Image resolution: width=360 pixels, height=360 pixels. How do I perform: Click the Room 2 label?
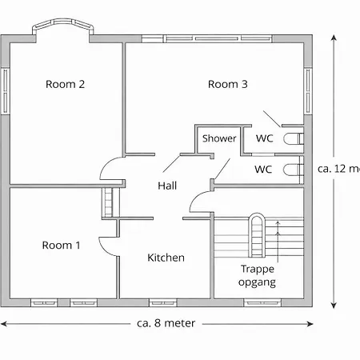click(x=66, y=84)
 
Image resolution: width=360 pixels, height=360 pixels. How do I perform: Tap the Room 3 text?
click(x=228, y=84)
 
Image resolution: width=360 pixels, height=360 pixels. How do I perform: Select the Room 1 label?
click(x=61, y=245)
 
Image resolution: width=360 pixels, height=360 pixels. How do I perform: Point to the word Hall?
click(x=167, y=186)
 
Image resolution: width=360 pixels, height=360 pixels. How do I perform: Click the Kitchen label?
click(x=166, y=258)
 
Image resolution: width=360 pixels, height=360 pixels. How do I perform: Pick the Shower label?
click(x=218, y=138)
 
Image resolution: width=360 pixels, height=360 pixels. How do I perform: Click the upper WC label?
click(x=264, y=138)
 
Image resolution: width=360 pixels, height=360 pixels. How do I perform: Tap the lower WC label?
click(x=263, y=169)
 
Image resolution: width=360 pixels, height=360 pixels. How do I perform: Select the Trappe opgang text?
click(x=258, y=276)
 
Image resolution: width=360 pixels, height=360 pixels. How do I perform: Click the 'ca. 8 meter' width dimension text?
click(x=160, y=323)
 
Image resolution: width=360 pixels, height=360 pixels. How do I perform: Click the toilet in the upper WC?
click(x=294, y=138)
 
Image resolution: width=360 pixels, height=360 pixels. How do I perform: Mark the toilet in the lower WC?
click(x=294, y=169)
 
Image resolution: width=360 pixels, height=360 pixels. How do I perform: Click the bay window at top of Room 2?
click(x=61, y=29)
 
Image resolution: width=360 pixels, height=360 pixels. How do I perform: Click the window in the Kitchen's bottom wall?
click(x=162, y=302)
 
